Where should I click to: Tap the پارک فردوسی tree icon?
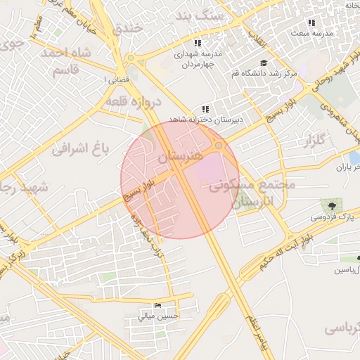[330, 205]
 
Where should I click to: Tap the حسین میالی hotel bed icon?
[157, 306]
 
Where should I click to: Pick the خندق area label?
[128, 30]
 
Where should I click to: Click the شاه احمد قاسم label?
[67, 62]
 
